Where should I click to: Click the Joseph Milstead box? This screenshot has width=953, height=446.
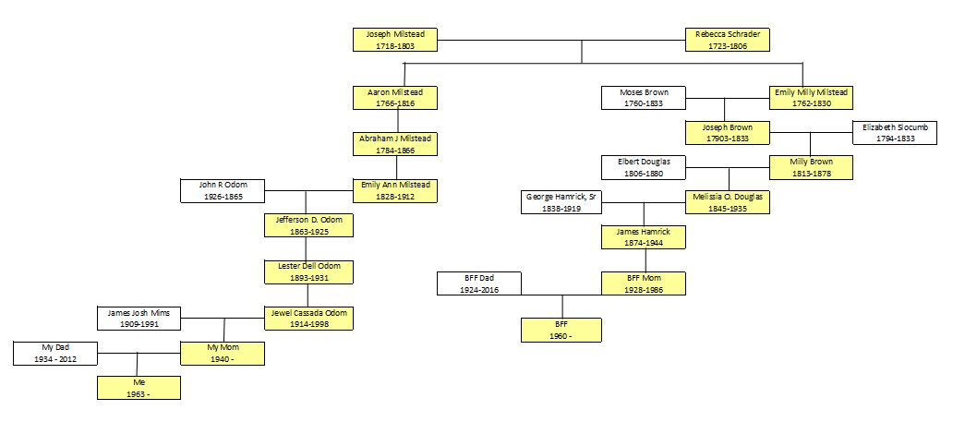(395, 39)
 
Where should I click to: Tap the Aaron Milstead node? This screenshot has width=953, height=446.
(395, 98)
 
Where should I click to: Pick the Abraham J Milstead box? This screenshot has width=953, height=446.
(395, 144)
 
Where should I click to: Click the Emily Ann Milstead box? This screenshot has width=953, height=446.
(395, 190)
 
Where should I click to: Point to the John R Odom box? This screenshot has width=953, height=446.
(223, 190)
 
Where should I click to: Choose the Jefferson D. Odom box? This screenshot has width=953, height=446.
(308, 225)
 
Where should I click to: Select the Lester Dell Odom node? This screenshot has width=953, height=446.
(308, 271)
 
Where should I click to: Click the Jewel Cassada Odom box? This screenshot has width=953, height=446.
(308, 318)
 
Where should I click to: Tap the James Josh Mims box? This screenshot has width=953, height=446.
(139, 318)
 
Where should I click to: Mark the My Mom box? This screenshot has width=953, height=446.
(223, 352)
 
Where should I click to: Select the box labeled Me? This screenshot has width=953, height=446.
(139, 387)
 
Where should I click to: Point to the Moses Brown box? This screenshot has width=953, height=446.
(643, 98)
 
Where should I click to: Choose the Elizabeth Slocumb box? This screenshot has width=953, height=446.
(894, 132)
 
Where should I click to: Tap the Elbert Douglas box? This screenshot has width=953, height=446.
(643, 167)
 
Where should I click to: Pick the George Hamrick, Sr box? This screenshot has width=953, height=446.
(560, 202)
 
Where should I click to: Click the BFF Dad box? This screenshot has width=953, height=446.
(479, 283)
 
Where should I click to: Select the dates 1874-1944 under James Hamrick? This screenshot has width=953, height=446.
(643, 243)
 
